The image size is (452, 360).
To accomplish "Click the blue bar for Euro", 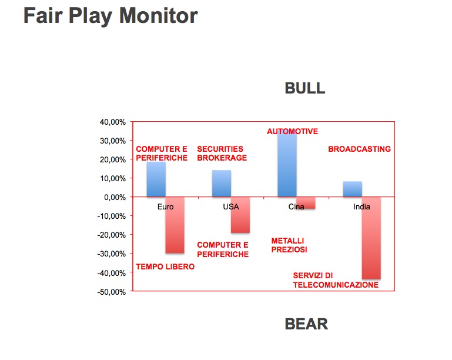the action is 156,179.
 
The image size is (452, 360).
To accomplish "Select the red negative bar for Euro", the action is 175,225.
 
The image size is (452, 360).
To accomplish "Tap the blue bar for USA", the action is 222,184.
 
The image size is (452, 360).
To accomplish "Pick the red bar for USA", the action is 240,215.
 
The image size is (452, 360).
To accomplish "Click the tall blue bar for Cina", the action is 287,165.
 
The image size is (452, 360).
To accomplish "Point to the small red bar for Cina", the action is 306,203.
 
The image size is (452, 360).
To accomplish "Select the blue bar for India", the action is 353,189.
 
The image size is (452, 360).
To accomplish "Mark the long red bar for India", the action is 371,238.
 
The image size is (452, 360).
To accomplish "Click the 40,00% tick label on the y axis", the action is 113,122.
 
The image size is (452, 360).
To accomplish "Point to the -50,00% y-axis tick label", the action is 112,292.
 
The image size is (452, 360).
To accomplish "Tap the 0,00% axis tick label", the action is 115,197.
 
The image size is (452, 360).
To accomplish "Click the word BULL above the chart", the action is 305,88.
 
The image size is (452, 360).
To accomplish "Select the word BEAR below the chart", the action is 306,324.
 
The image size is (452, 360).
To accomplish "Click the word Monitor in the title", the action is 159,15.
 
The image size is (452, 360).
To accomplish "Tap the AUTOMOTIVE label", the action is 292,131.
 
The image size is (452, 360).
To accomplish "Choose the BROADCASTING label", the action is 360,149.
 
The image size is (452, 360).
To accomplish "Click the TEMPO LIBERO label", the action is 165,266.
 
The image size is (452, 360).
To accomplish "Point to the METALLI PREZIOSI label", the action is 289,245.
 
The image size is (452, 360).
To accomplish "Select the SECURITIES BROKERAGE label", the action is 222,154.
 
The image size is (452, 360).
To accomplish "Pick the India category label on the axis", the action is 361,206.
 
